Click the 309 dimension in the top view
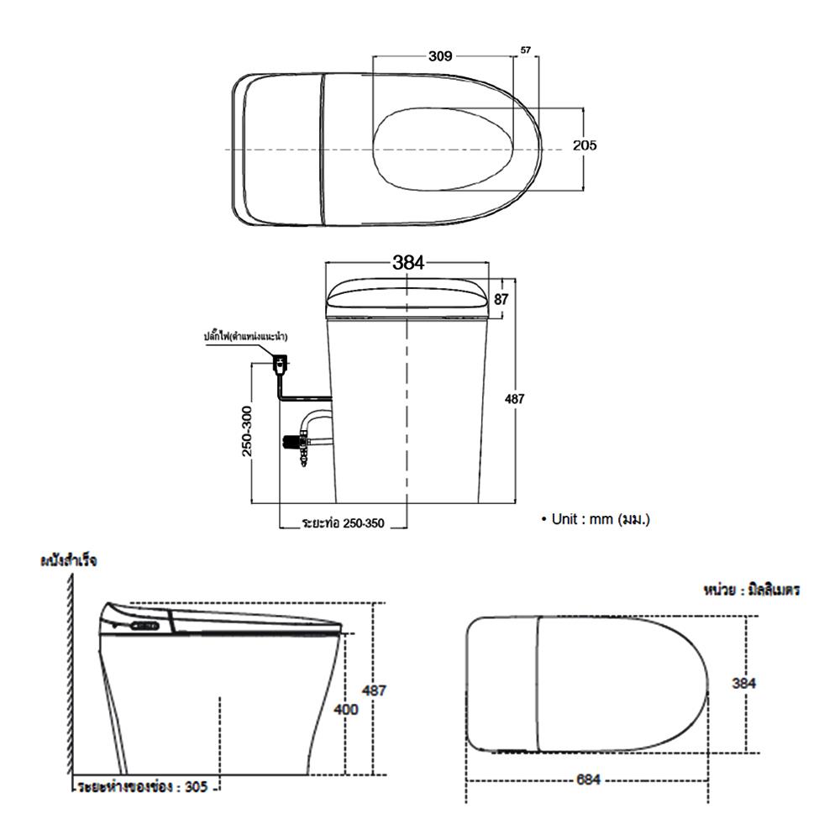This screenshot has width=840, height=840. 441,56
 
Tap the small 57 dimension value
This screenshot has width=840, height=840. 526,51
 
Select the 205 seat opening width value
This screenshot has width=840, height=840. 585,145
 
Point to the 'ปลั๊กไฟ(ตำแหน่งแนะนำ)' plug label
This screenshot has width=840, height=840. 245,336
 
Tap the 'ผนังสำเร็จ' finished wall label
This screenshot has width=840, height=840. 68,561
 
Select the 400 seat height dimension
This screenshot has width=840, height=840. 346,709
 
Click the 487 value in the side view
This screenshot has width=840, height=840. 375,690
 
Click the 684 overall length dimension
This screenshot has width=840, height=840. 588,780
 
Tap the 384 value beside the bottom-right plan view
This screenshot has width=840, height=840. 743,683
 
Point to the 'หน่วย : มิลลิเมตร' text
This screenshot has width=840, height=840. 750,591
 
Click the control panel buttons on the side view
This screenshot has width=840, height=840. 145,627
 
